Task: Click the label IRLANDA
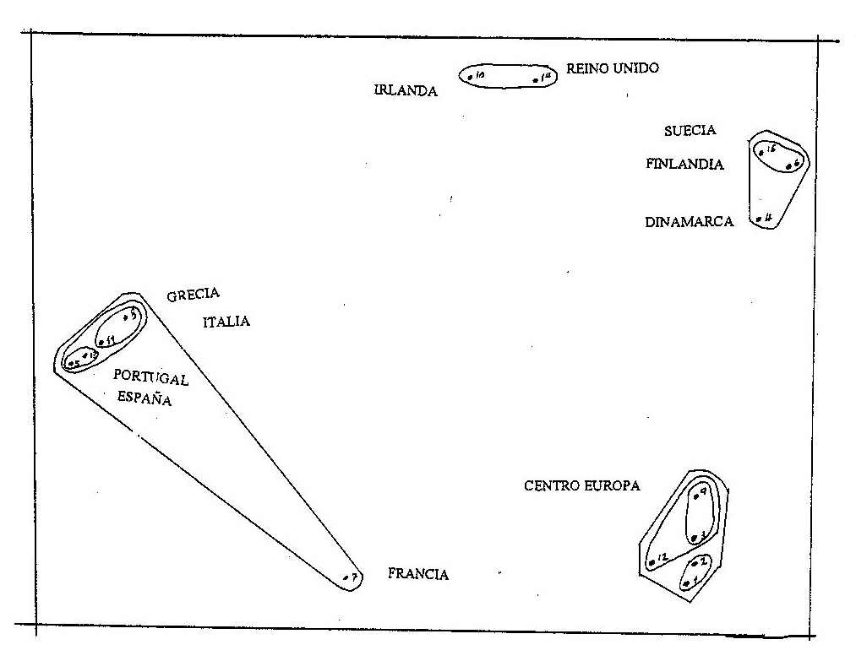[406, 91]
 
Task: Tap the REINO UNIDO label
[612, 68]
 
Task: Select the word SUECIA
[690, 130]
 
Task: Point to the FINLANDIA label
[684, 165]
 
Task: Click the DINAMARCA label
[689, 223]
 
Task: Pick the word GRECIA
[193, 295]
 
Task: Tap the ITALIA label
[226, 322]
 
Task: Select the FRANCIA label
[418, 574]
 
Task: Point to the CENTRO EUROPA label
[582, 485]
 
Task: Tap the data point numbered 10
[470, 77]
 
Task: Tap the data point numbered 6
[788, 167]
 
